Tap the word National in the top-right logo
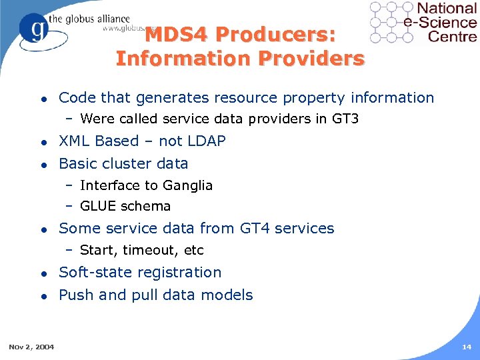(x=447, y=9)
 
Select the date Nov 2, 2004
(x=32, y=347)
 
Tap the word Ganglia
(x=188, y=185)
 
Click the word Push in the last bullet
(x=75, y=295)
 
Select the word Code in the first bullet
(x=77, y=98)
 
